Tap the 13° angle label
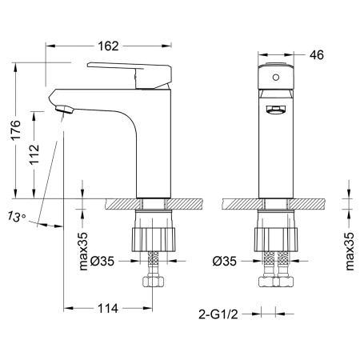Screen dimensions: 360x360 [17, 216]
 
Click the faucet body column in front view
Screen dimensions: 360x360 [276, 152]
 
